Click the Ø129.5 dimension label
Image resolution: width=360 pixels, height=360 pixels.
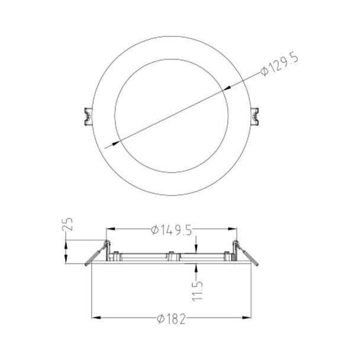[x=279, y=65]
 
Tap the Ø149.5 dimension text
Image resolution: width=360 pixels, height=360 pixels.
[x=171, y=230]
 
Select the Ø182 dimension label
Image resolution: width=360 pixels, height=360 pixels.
[x=171, y=319]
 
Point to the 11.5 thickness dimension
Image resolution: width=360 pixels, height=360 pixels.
[x=197, y=290]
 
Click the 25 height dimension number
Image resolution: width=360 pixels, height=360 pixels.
[x=67, y=224]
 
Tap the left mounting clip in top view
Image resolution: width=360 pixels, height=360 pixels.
[x=88, y=117]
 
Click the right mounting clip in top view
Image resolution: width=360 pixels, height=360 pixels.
[x=255, y=117]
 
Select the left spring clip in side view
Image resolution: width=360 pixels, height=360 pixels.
[x=97, y=253]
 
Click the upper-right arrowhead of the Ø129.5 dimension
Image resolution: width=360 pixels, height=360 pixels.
[x=227, y=88]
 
